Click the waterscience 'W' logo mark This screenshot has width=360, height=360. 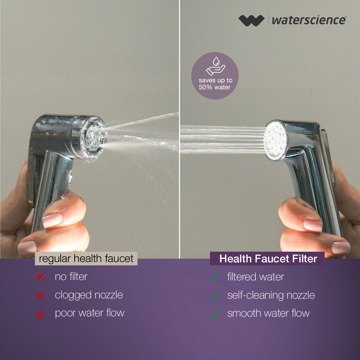(x=251, y=20)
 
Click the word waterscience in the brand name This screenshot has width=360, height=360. (x=309, y=20)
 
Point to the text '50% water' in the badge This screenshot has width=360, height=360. (x=214, y=87)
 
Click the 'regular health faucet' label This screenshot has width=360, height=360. (x=86, y=259)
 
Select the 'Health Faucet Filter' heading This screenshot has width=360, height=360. (x=268, y=259)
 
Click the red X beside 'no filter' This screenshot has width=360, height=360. (x=40, y=277)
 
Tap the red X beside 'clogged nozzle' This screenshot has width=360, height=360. (x=40, y=296)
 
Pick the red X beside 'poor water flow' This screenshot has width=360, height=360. (x=40, y=315)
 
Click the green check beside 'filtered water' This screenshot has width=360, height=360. (x=215, y=277)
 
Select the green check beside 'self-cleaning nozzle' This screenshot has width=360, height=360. (x=215, y=296)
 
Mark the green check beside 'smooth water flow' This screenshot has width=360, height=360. (x=215, y=314)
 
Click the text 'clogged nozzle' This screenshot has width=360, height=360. (x=89, y=295)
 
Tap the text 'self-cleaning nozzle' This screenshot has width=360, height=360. (x=271, y=295)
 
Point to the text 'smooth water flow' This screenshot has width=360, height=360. (x=268, y=313)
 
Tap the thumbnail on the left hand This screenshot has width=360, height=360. (x=52, y=220)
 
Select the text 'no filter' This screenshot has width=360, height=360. (x=71, y=277)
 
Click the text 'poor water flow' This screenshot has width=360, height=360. (x=90, y=313)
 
